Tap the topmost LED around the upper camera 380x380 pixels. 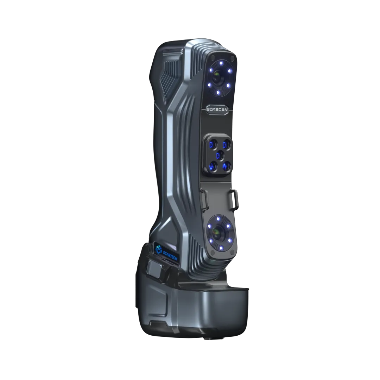pyautogui.click(x=221, y=63)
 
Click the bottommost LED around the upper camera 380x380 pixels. pyautogui.click(x=218, y=92)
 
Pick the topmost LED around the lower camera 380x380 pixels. pyautogui.click(x=219, y=219)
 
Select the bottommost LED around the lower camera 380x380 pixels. pyautogui.click(x=221, y=248)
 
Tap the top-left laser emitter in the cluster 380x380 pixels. pyautogui.click(x=212, y=145)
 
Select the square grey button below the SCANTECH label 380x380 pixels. pyautogui.click(x=155, y=269)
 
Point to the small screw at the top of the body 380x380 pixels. pyautogui.click(x=181, y=51)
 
